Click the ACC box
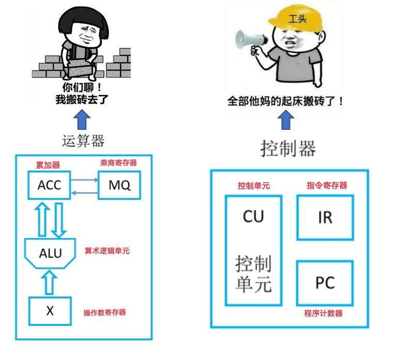[x=50, y=185]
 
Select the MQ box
[x=119, y=185]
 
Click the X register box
[x=50, y=310]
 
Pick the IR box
[x=325, y=217]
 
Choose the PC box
[x=325, y=283]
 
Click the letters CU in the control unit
[x=253, y=216]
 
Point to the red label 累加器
[x=48, y=165]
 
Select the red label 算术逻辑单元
[x=107, y=251]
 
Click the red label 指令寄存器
[x=327, y=185]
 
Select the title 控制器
[x=288, y=149]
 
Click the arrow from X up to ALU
[x=50, y=282]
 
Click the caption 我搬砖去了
[x=82, y=99]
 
